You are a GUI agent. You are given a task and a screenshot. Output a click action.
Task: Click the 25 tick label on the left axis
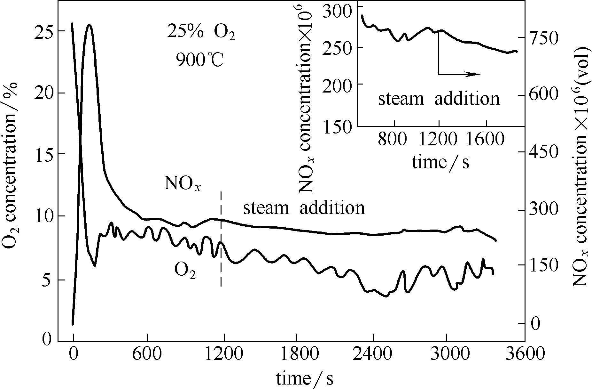(x=43, y=32)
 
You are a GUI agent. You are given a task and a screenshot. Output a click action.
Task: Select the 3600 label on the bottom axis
(x=525, y=355)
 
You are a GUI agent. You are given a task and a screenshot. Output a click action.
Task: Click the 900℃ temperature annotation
(x=200, y=60)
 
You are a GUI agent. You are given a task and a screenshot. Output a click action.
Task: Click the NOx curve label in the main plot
(x=183, y=184)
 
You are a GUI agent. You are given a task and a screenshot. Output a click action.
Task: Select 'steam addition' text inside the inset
(x=439, y=99)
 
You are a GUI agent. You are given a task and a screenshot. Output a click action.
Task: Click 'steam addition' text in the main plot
(x=304, y=208)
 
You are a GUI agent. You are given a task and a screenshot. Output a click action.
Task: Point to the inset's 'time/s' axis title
(x=440, y=162)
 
